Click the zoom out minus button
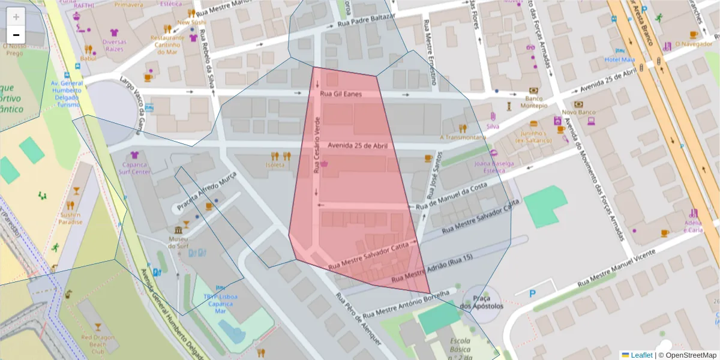(16, 35)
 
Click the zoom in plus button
(16, 17)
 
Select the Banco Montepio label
(536, 101)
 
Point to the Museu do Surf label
(178, 242)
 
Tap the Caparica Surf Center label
(136, 167)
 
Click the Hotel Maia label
(620, 59)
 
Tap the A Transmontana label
(463, 137)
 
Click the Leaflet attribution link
(641, 355)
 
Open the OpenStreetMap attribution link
(689, 355)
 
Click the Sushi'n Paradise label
(71, 218)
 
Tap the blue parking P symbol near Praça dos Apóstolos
(533, 293)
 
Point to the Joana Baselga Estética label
(494, 166)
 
